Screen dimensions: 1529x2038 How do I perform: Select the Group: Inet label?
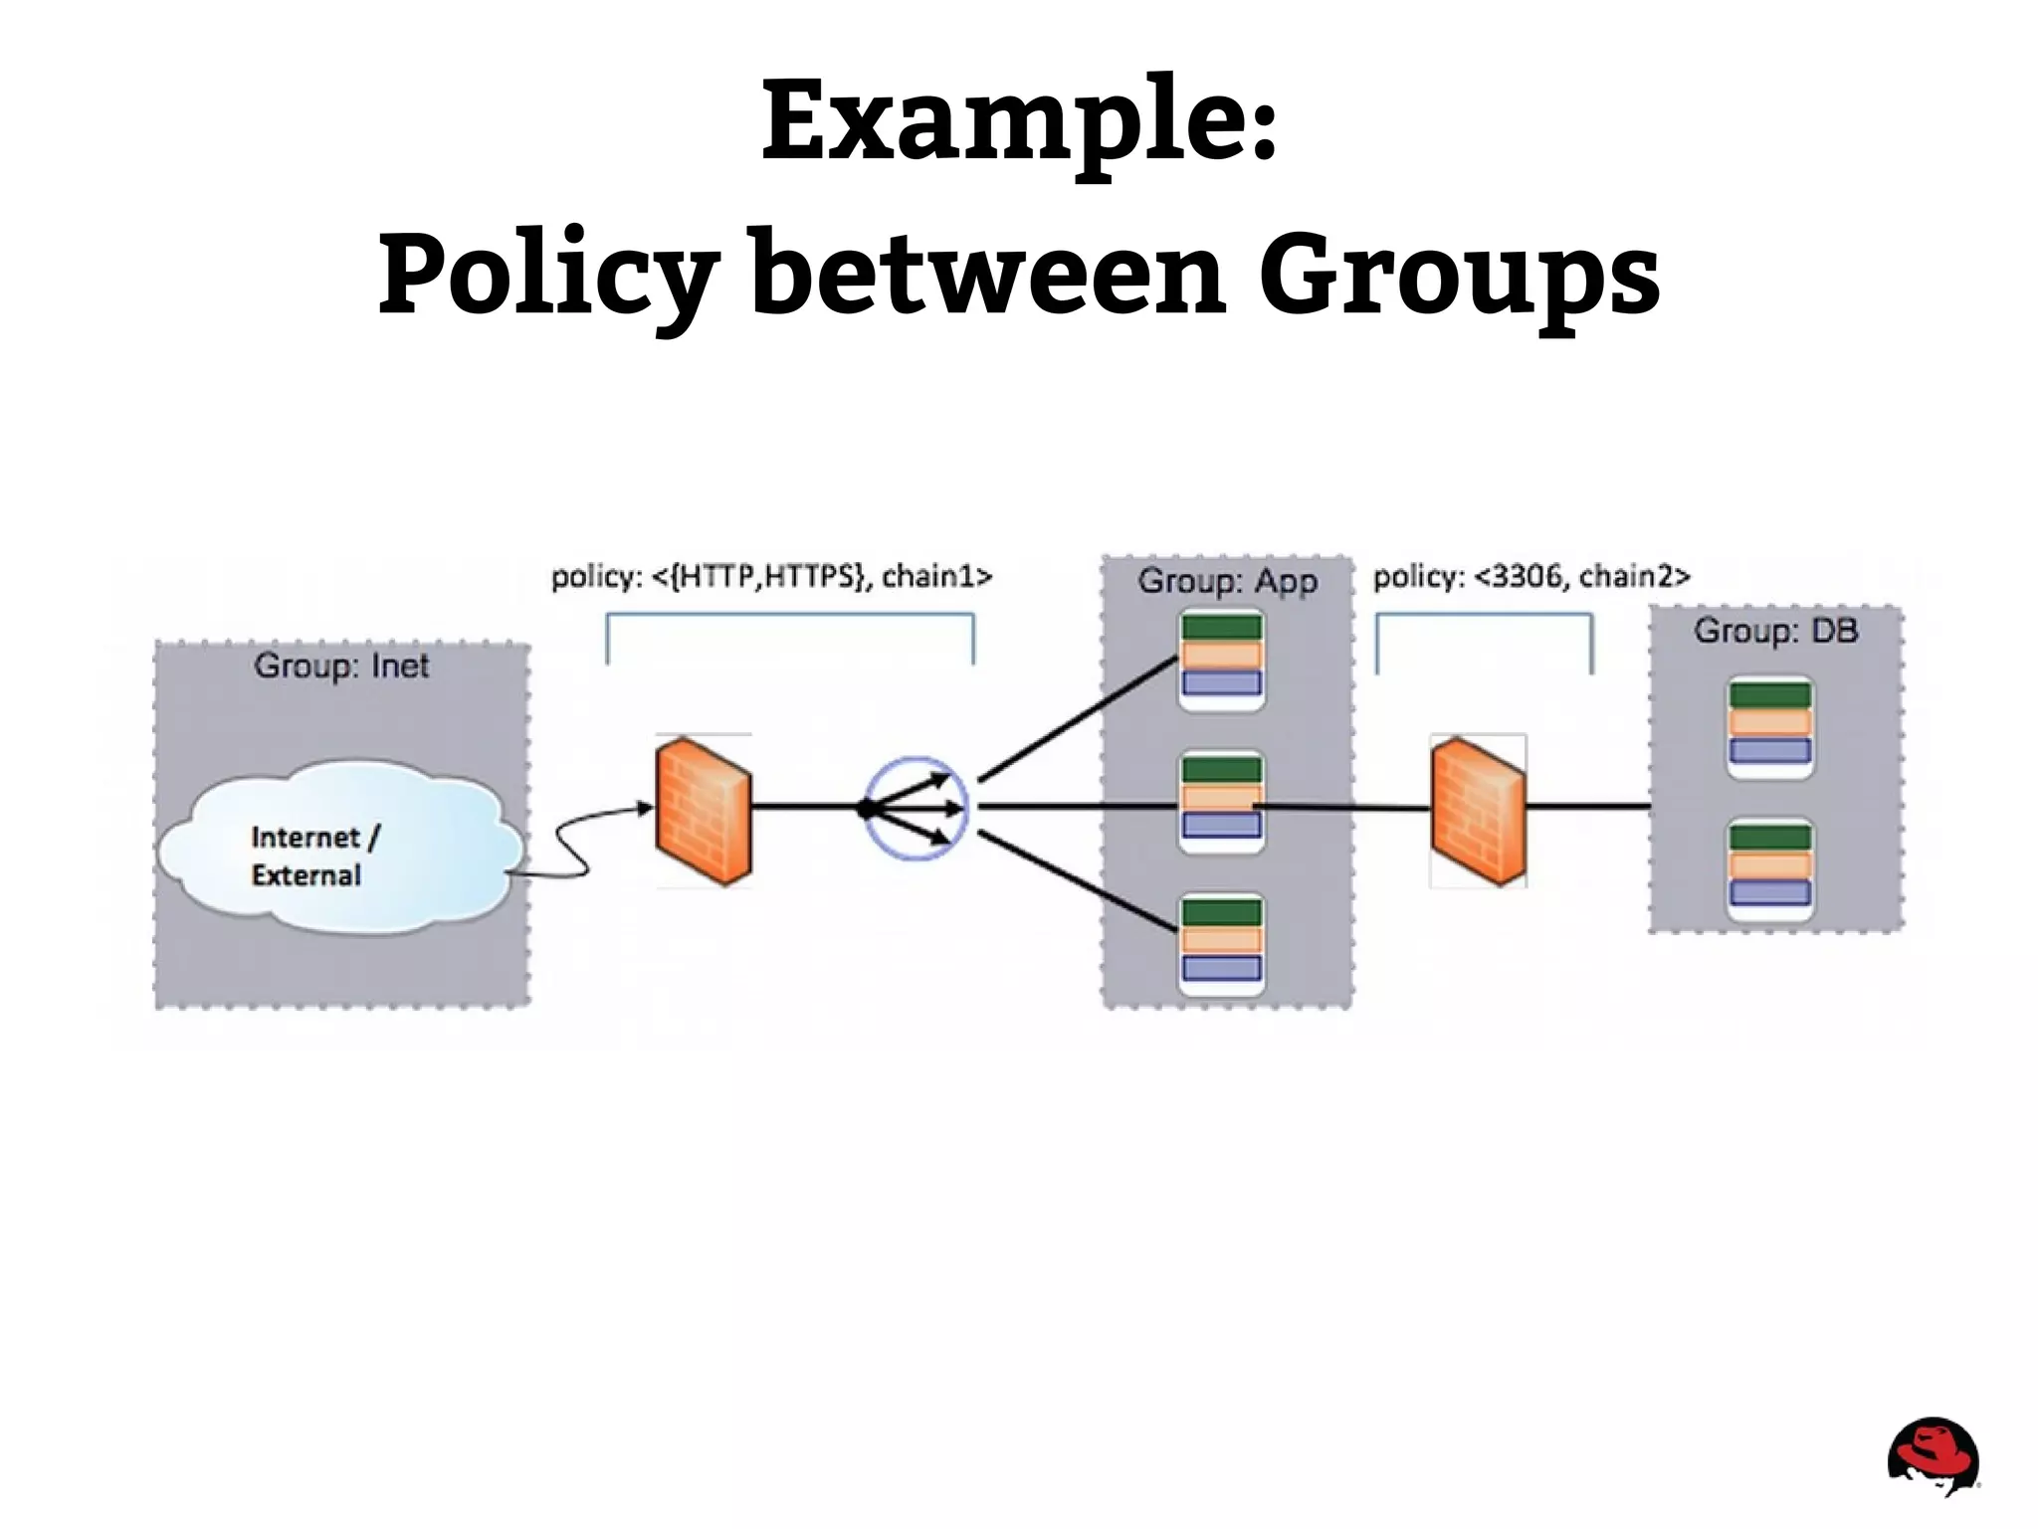341,666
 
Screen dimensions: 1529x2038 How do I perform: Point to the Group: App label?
1227,581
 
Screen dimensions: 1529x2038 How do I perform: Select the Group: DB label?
1776,631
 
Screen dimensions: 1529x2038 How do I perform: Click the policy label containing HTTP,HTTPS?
771,576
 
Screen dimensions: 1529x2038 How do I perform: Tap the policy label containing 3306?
1531,576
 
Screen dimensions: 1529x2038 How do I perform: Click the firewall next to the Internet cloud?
703,812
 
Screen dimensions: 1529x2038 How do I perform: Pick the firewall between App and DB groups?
1478,812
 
